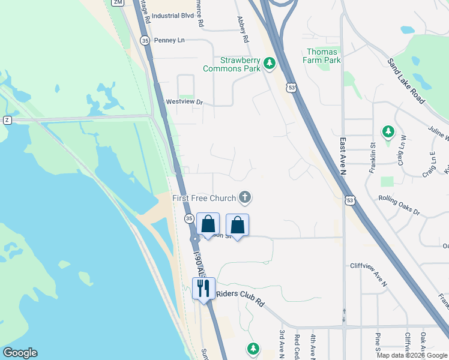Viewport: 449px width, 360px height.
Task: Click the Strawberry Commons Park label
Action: pos(232,64)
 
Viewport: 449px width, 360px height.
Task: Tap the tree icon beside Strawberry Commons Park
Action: pos(270,62)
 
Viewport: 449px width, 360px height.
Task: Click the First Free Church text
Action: pos(204,198)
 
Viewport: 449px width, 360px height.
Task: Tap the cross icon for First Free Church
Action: pos(245,196)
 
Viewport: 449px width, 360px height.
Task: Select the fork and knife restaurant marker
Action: pos(203,289)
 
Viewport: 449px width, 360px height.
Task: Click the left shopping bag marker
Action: pos(208,224)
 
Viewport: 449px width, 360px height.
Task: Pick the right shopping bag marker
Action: pos(238,226)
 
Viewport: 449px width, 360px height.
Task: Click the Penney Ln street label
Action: pos(169,40)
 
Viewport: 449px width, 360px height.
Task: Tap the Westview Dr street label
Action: pos(185,102)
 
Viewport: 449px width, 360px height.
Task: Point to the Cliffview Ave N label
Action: pos(369,265)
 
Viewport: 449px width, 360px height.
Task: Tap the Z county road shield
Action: pos(7,120)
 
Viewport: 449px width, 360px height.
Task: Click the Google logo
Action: pos(20,353)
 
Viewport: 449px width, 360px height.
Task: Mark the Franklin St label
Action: pos(372,153)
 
